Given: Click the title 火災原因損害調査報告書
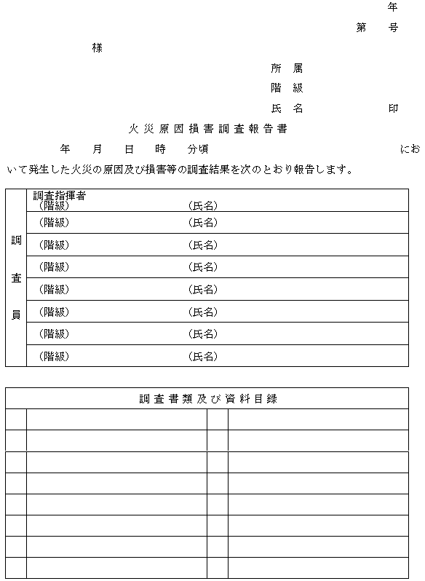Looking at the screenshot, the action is [207, 129].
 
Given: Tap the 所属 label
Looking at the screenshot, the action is [286, 68].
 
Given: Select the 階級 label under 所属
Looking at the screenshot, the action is [286, 88].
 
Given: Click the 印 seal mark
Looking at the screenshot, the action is [393, 108].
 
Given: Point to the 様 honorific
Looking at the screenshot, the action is [97, 48].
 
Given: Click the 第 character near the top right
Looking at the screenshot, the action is [361, 28].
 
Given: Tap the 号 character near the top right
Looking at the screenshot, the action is [393, 28].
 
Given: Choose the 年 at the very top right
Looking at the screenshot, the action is [393, 7].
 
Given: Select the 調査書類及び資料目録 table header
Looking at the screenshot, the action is [207, 398].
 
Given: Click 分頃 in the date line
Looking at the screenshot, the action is [198, 149].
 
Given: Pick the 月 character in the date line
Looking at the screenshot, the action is [98, 149].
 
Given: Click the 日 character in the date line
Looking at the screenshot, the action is [129, 149].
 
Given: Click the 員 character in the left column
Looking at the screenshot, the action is [15, 315].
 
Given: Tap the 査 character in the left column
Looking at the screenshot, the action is [15, 278].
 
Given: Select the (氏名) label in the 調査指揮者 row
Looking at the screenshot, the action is [202, 206].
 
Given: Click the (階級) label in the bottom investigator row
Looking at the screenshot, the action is [54, 357].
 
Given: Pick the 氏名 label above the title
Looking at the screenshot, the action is [286, 108].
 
